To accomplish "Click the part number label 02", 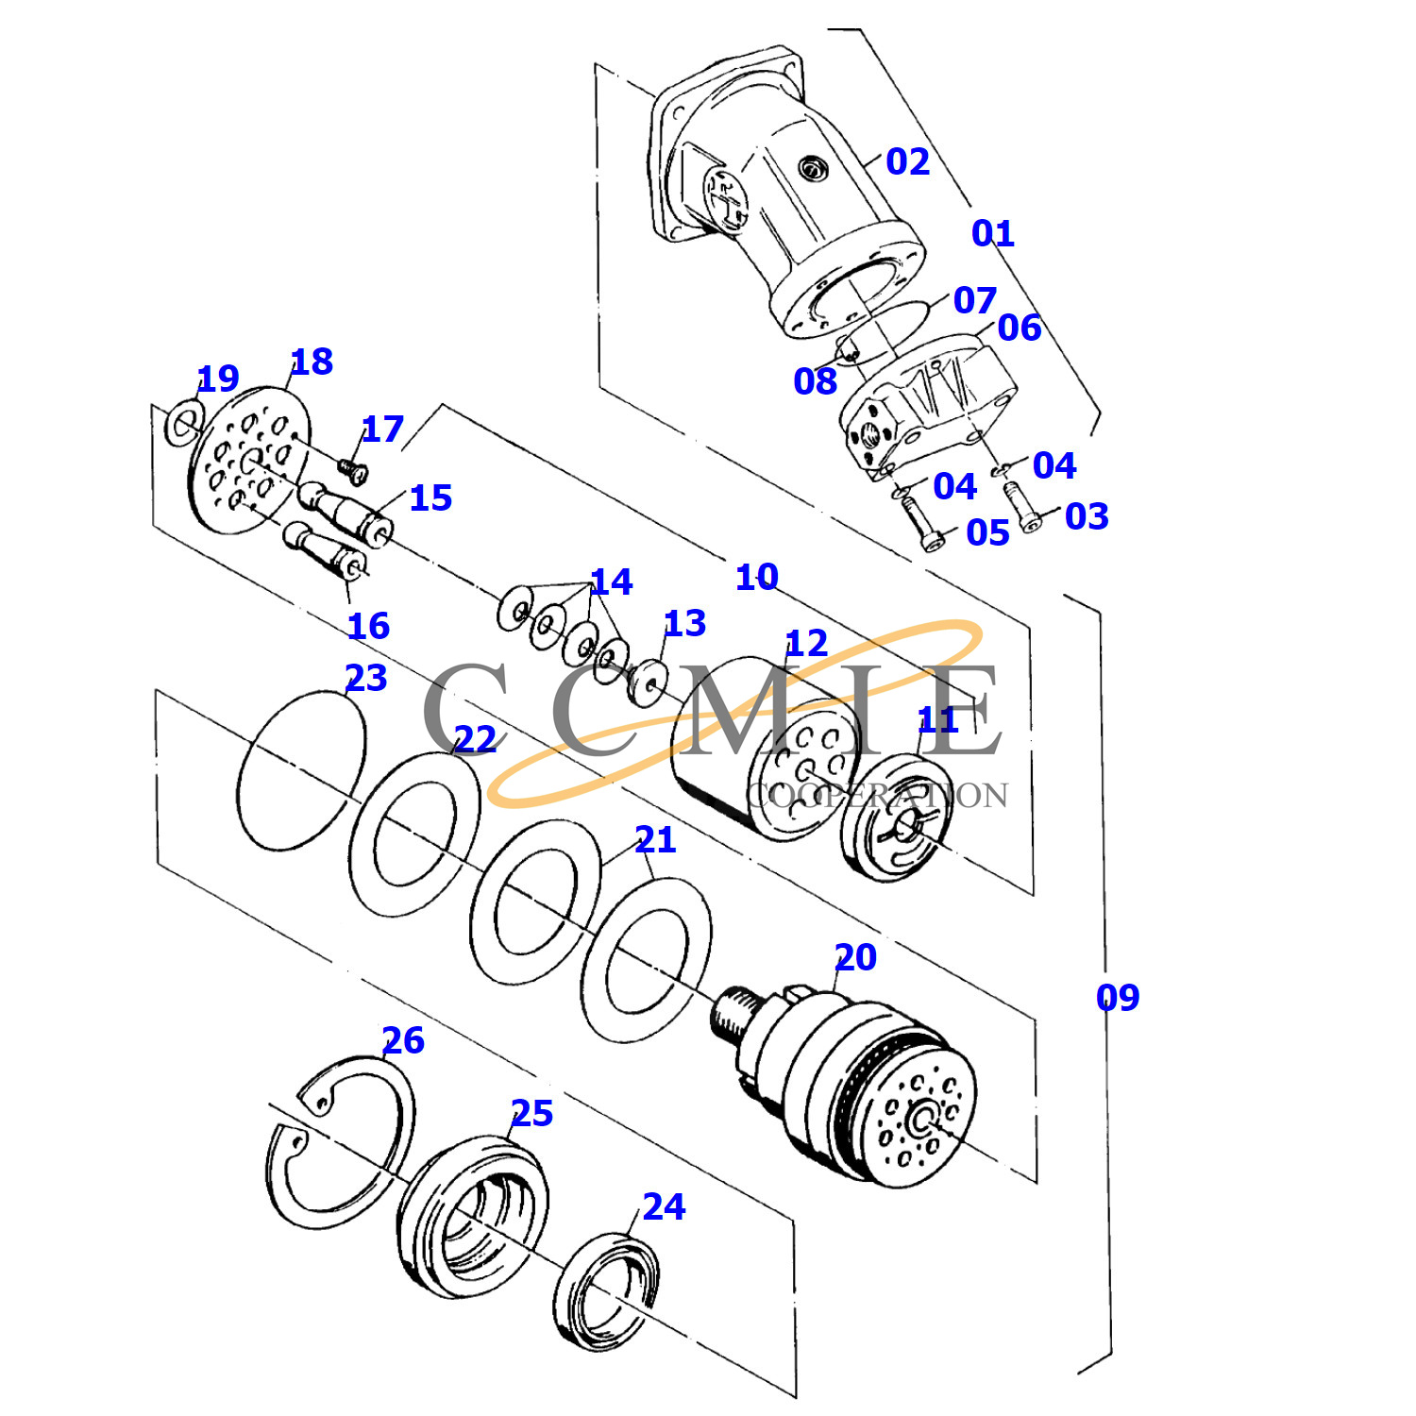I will pos(907,162).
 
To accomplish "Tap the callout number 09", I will pos(1118,998).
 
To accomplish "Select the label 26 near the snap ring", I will pos(403,1041).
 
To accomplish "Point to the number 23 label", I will pos(366,678).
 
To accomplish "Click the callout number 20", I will pos(855,958).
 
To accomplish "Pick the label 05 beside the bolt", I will pos(987,533).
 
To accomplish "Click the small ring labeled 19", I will pos(183,424).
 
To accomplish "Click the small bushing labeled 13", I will pos(648,681).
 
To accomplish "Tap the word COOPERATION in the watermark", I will pos(877,795).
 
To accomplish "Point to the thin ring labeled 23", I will pos(300,770).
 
